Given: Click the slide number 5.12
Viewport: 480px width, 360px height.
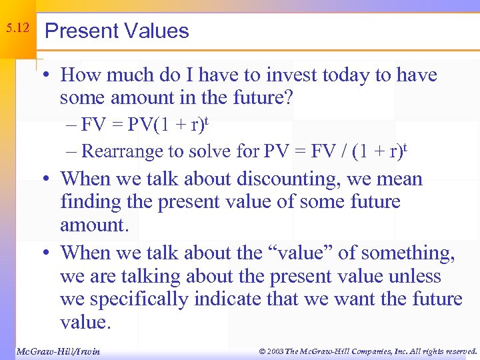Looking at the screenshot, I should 17,29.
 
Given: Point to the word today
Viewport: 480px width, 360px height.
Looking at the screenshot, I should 353,75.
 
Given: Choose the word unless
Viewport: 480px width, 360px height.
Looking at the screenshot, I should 411,276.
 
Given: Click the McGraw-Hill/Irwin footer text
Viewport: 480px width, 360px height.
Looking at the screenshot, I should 58,351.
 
